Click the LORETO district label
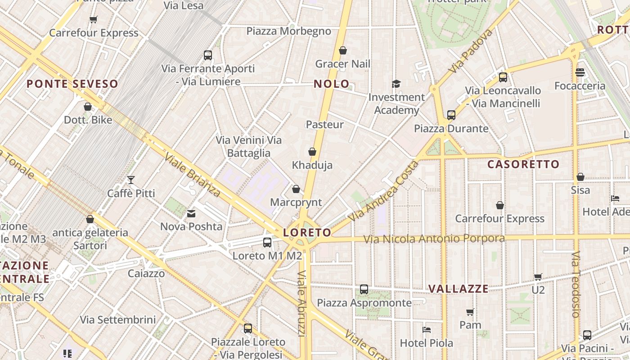[x=307, y=233]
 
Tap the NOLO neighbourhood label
[x=331, y=84]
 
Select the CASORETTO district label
[x=523, y=164]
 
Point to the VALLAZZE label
[x=458, y=289]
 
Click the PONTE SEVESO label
[x=72, y=84]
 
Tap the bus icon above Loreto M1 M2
[x=267, y=243]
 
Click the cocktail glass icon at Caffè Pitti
[x=131, y=180]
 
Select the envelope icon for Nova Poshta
[x=191, y=213]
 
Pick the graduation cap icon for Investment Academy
[x=396, y=84]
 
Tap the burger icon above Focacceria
[x=580, y=72]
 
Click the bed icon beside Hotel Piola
[x=427, y=330]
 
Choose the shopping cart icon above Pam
[x=470, y=312]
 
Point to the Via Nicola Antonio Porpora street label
[x=434, y=238]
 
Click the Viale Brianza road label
[x=192, y=175]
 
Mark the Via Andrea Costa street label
[x=383, y=191]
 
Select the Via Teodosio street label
[x=576, y=284]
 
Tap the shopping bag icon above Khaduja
[x=312, y=152]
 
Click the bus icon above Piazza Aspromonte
[x=364, y=289]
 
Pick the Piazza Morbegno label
[x=288, y=31]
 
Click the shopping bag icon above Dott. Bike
[x=88, y=107]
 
